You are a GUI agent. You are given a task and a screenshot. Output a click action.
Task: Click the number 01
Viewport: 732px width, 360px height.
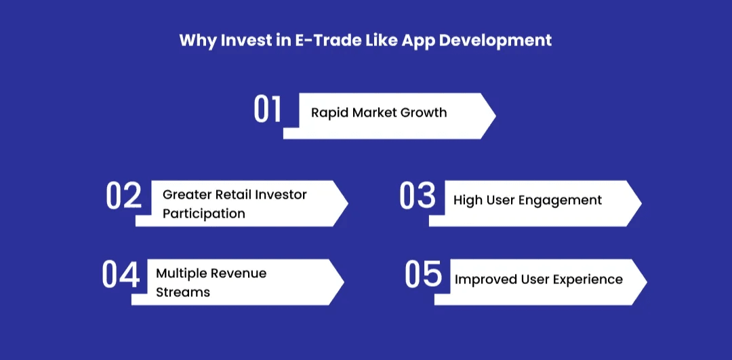[x=268, y=109]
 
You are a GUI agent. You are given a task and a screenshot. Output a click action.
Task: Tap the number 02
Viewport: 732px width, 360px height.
[x=123, y=195]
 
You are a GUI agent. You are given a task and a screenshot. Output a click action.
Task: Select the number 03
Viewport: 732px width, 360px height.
[x=418, y=195]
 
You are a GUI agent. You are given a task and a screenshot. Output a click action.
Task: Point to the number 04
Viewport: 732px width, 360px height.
[x=121, y=274]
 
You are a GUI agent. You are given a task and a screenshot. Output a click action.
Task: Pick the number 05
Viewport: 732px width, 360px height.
[x=423, y=274]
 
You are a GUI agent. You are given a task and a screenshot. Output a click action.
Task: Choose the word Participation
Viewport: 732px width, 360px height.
[x=203, y=214]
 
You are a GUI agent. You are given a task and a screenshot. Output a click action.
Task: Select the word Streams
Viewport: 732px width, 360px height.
[x=182, y=292]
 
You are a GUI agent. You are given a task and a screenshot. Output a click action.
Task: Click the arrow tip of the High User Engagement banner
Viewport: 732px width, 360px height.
[x=641, y=203]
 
